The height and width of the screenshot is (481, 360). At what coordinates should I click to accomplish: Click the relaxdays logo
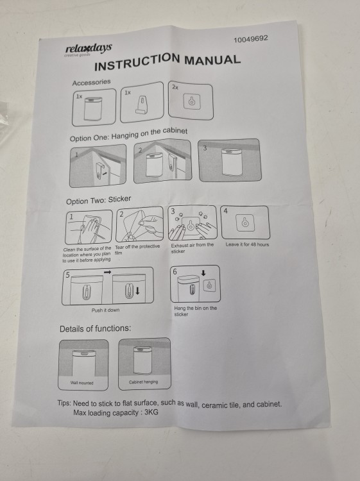pyautogui.click(x=89, y=49)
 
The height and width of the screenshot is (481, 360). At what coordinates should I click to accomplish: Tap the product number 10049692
pyautogui.click(x=251, y=39)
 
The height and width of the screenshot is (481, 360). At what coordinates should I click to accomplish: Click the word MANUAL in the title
pyautogui.click(x=212, y=60)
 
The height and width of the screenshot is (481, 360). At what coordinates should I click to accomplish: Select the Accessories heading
pyautogui.click(x=92, y=82)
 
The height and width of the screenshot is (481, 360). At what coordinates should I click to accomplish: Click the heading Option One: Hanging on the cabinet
pyautogui.click(x=128, y=135)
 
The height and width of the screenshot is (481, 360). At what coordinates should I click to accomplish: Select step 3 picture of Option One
pyautogui.click(x=230, y=160)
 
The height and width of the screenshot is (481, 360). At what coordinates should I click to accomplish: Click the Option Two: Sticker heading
pyautogui.click(x=99, y=200)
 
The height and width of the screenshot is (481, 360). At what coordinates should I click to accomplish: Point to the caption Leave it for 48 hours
pyautogui.click(x=247, y=244)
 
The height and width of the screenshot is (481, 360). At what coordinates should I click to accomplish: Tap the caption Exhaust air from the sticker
pyautogui.click(x=192, y=248)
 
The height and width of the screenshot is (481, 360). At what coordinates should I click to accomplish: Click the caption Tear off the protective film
pyautogui.click(x=137, y=249)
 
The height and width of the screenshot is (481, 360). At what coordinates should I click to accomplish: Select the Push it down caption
pyautogui.click(x=105, y=310)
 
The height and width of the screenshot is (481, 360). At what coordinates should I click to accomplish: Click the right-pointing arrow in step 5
pyautogui.click(x=107, y=272)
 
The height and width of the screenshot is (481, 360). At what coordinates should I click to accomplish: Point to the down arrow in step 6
pyautogui.click(x=203, y=273)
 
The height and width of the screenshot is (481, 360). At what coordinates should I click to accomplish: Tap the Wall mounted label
pyautogui.click(x=81, y=382)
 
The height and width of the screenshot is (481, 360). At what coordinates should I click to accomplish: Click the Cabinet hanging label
pyautogui.click(x=143, y=382)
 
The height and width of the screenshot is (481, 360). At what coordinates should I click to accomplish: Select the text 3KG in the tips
pyautogui.click(x=151, y=412)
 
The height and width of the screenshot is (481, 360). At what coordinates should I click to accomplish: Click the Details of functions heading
pyautogui.click(x=95, y=328)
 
